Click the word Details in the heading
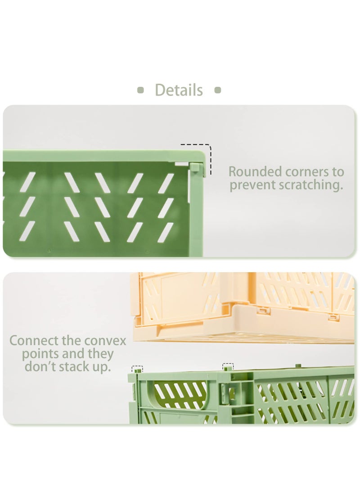(x=179, y=90)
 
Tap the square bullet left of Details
(x=140, y=90)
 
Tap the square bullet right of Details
(x=218, y=90)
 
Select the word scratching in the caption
(x=311, y=185)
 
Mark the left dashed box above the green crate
(x=137, y=368)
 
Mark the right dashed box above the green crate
(x=228, y=366)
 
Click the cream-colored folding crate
(x=243, y=306)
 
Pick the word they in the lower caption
(x=99, y=354)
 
